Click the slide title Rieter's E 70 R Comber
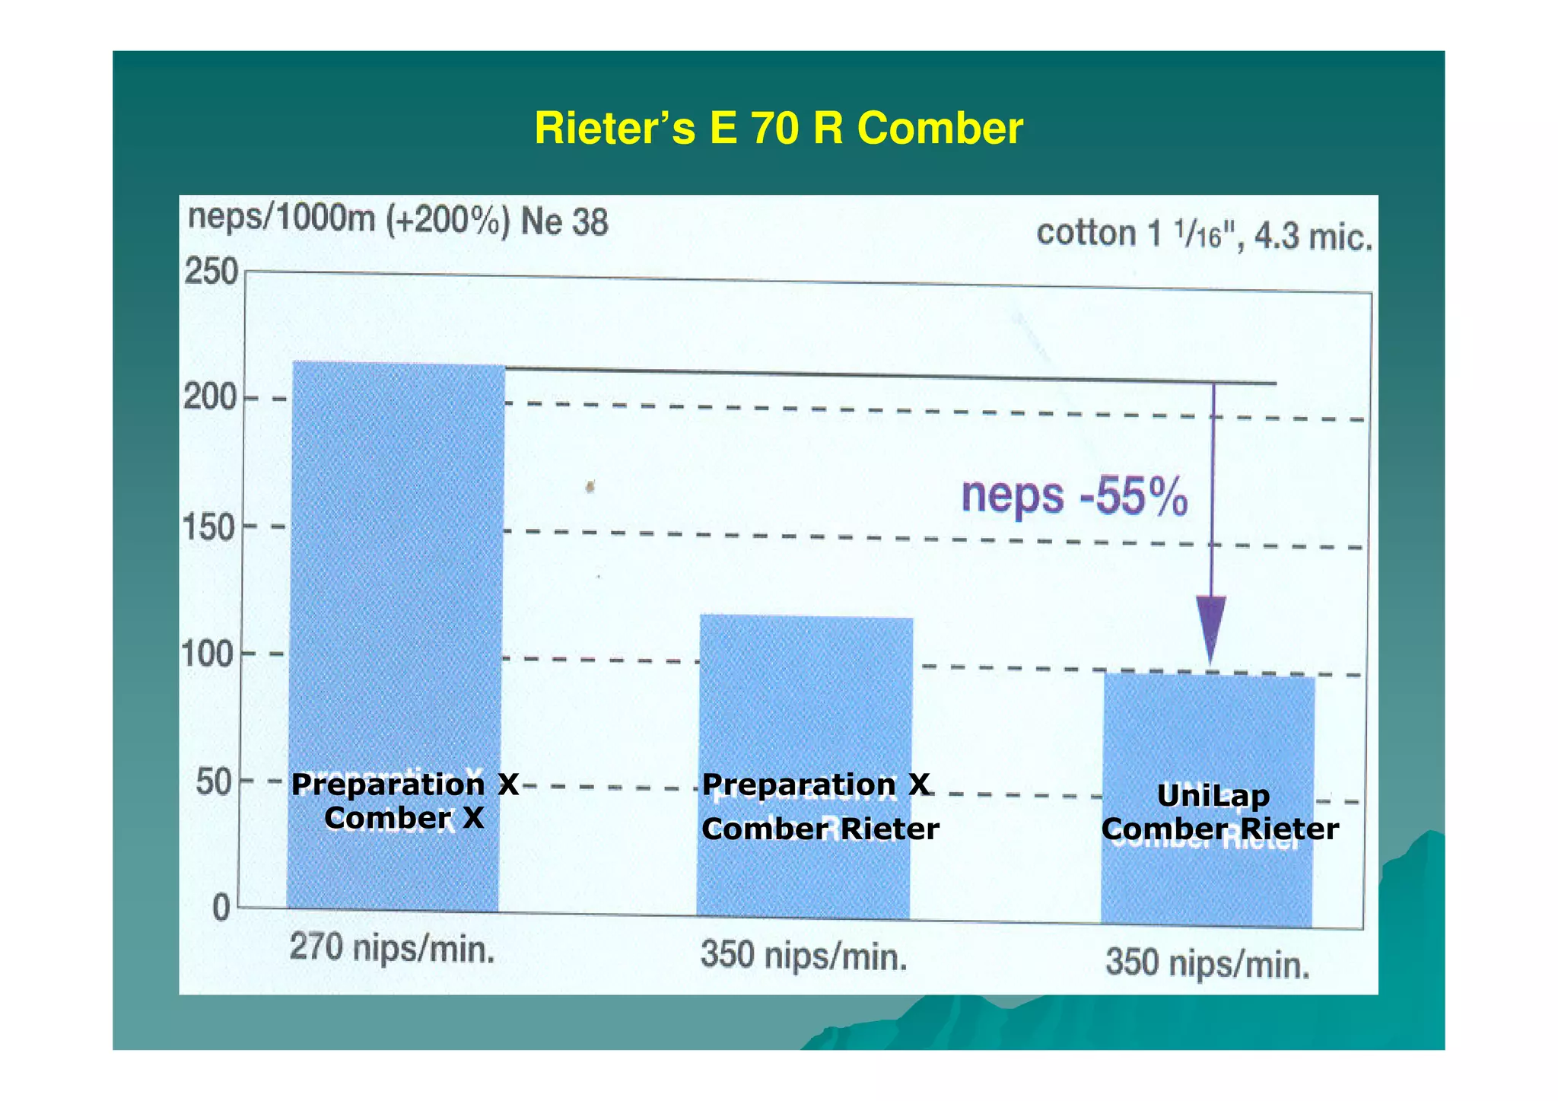click(x=778, y=128)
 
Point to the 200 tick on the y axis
click(x=210, y=397)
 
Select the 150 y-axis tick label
click(x=209, y=527)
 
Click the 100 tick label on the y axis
click(x=207, y=654)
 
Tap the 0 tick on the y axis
click(x=221, y=908)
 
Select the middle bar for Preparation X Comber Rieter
click(x=805, y=700)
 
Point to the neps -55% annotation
click(x=1074, y=496)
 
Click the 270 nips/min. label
click(x=392, y=950)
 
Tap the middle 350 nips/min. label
click(x=804, y=956)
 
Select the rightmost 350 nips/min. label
click(x=1207, y=963)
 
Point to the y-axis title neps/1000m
click(x=281, y=218)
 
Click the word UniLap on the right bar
click(x=1213, y=796)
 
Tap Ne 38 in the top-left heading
click(x=564, y=223)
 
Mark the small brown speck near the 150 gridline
click(x=590, y=485)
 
